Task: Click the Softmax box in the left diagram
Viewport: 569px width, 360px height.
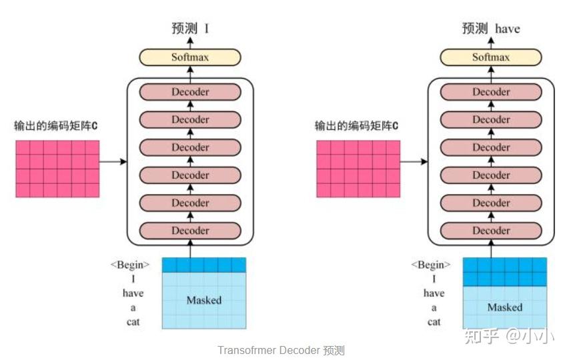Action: (190, 57)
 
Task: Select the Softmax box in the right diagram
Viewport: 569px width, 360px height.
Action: (491, 57)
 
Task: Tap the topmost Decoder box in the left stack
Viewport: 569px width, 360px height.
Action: (190, 92)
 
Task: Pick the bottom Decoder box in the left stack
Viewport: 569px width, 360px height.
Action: (190, 231)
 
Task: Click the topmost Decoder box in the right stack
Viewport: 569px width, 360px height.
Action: (491, 92)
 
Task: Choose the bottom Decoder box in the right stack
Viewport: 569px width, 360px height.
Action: (491, 231)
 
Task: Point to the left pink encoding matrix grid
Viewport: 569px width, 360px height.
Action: (57, 169)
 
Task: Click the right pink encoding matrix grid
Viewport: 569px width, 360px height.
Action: (358, 169)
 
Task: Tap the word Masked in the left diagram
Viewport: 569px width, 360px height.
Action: (203, 300)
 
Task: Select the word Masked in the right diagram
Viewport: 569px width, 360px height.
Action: (504, 307)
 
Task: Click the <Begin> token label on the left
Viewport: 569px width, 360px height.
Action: (130, 265)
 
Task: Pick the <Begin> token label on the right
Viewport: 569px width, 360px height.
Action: (431, 265)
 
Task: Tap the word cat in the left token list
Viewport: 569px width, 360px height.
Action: (133, 321)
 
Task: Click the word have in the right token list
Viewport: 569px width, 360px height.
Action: (434, 293)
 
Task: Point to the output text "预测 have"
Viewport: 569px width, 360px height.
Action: (491, 29)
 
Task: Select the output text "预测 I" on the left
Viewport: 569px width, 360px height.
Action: (190, 29)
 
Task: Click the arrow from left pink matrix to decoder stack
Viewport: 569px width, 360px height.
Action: (113, 161)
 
